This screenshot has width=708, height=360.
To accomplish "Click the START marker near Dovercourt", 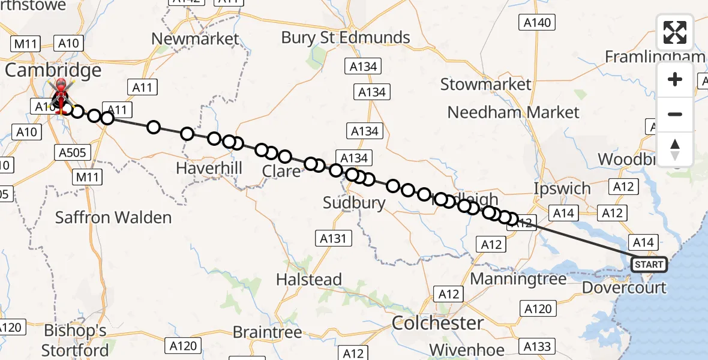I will tap(649, 264).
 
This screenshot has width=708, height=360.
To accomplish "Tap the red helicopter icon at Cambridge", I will tap(60, 96).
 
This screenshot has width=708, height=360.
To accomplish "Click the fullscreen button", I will tap(675, 32).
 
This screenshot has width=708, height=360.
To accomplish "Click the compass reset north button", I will tap(675, 149).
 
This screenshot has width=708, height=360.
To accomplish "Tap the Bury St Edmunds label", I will tap(346, 37).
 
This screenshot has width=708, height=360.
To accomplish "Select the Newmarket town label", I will tap(195, 39).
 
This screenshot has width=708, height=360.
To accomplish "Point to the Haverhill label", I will tap(209, 168).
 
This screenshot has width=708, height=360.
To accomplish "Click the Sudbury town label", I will tap(354, 202).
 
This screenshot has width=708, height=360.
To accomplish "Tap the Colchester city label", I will tap(437, 323).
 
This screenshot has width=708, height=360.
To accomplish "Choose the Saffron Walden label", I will tap(113, 217).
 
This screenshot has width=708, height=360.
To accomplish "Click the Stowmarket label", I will tap(486, 84).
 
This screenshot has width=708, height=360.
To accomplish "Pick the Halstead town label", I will tap(309, 279).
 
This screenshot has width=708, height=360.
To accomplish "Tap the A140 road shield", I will tap(536, 23).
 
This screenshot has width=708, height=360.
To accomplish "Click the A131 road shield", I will tap(333, 238).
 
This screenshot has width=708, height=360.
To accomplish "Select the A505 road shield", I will tap(74, 152).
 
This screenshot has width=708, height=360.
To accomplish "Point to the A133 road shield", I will tap(537, 346).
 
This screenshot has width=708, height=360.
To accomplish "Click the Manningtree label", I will tap(518, 279).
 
